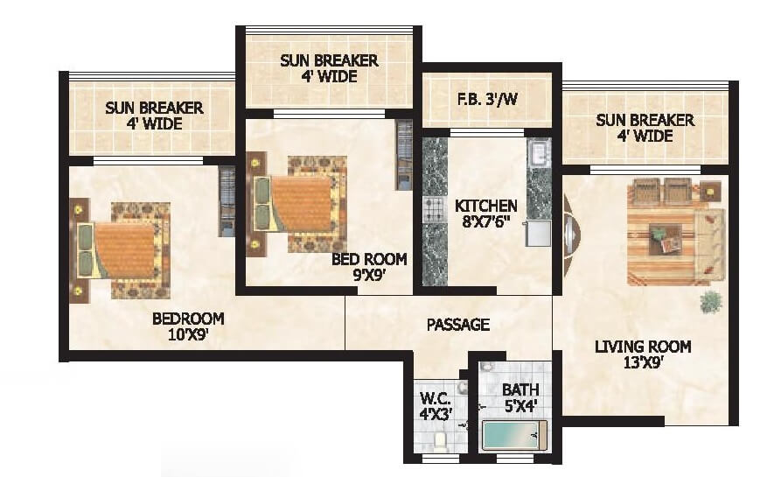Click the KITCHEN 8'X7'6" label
(x=486, y=214)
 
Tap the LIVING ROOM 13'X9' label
(x=643, y=355)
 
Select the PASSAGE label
(x=457, y=325)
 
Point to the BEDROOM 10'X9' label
(x=188, y=326)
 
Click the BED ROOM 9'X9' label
(x=369, y=267)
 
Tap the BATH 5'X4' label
(x=520, y=398)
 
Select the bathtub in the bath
(x=514, y=435)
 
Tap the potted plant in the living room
(x=711, y=302)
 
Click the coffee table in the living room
(x=666, y=236)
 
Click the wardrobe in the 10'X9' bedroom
(x=227, y=201)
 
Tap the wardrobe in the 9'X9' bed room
(x=404, y=155)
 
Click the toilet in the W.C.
(x=442, y=440)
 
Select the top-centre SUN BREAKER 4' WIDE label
(x=329, y=68)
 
